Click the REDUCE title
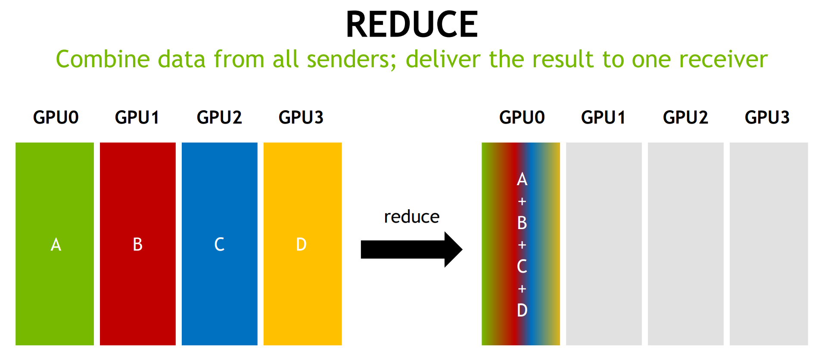[x=412, y=24]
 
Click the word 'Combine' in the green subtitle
[x=103, y=59]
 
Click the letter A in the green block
[x=56, y=245]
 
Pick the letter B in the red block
[x=137, y=244]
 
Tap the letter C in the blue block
[x=219, y=244]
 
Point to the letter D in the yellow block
[x=301, y=244]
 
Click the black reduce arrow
[x=411, y=249]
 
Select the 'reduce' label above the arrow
[x=411, y=217]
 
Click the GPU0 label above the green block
[x=56, y=117]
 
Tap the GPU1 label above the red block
[x=137, y=117]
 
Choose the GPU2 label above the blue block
[x=219, y=117]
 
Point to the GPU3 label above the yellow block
[x=301, y=117]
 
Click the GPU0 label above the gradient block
[x=522, y=117]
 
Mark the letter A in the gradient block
[x=522, y=179]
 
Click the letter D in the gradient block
[x=522, y=310]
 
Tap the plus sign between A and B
[x=522, y=201]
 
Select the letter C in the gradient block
[x=522, y=267]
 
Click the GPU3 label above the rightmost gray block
[x=767, y=117]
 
